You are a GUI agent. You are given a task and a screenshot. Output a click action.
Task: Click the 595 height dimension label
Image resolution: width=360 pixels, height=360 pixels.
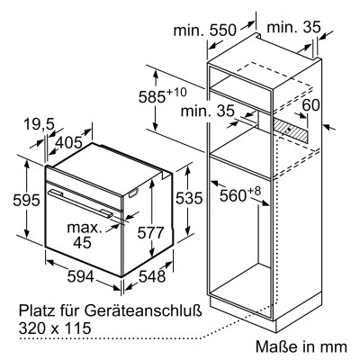click(26, 200)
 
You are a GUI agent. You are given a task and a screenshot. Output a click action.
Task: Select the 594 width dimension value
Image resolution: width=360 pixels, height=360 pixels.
click(80, 276)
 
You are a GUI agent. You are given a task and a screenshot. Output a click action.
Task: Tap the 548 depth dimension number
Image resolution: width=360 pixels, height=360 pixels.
click(152, 276)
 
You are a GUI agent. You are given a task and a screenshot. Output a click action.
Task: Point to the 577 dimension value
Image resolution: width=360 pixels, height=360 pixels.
click(151, 233)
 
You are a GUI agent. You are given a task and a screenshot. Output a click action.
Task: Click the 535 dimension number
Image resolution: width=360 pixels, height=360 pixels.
click(189, 198)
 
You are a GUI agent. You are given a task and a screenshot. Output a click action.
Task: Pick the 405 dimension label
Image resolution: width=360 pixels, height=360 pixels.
click(69, 142)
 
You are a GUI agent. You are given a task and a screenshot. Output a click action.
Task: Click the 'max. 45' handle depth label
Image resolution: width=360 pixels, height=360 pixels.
click(84, 235)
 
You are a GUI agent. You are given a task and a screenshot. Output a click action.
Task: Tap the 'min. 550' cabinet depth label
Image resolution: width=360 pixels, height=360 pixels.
click(205, 30)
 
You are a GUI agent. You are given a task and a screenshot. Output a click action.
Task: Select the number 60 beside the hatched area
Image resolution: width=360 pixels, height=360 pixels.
click(310, 105)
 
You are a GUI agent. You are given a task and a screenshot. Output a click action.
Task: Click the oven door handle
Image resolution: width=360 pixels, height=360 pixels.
click(81, 203)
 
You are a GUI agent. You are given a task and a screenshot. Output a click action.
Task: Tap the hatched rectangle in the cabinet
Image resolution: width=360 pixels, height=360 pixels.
click(290, 130)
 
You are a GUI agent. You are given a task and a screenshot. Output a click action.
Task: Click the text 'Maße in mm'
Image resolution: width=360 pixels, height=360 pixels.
click(301, 346)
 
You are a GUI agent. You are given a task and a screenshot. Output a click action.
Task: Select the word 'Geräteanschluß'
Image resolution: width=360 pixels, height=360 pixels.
click(143, 310)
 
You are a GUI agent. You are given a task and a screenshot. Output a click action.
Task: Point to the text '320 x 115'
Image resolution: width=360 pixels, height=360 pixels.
click(55, 328)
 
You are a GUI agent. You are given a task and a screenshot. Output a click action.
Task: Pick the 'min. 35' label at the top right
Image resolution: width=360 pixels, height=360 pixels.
click(293, 27)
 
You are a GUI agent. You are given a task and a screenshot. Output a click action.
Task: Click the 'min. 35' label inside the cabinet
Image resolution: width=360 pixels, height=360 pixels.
click(207, 111)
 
